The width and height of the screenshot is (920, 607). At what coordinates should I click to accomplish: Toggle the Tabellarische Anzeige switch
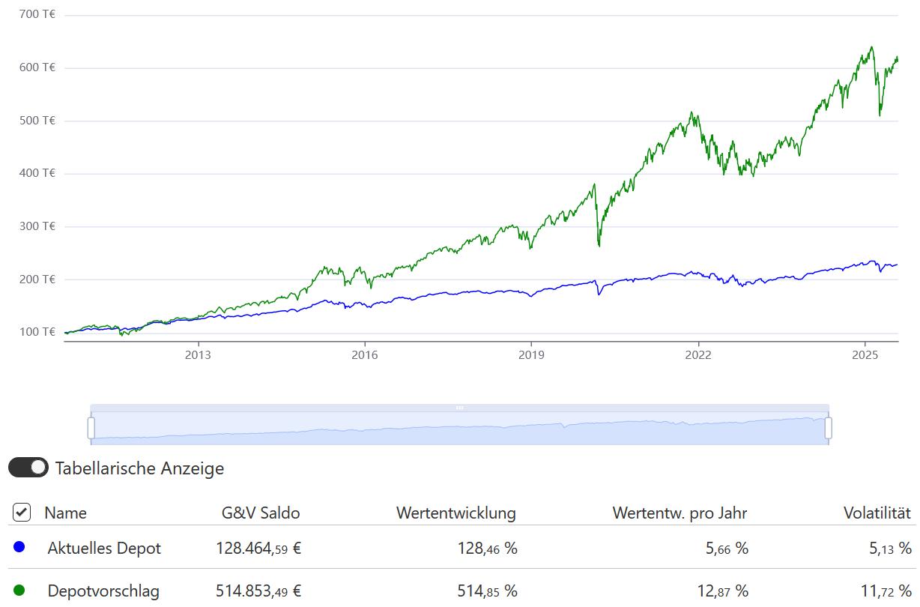tap(28, 468)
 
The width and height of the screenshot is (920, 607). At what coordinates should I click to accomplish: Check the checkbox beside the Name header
tap(22, 513)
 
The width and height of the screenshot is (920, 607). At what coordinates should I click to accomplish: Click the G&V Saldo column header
tap(261, 513)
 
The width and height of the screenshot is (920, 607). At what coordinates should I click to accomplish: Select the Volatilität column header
tap(877, 513)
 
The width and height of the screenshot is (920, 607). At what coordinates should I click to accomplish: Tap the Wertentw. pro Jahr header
tap(680, 513)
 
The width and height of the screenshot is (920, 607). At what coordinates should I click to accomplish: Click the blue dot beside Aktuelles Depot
tap(19, 548)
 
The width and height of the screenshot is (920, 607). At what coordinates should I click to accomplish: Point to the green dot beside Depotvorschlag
tap(19, 591)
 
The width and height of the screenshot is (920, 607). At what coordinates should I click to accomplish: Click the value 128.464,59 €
tap(258, 549)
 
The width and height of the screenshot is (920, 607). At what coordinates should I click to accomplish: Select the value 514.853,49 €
tap(258, 591)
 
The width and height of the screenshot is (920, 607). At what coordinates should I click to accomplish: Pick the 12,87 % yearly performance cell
tap(722, 591)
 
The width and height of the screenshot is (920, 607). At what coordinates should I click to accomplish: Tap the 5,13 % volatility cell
tap(890, 549)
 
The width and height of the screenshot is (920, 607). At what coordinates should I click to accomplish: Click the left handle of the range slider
tap(91, 428)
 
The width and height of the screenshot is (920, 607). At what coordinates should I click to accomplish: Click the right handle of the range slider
tap(829, 428)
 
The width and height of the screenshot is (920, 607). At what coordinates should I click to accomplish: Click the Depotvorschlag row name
tap(103, 591)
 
